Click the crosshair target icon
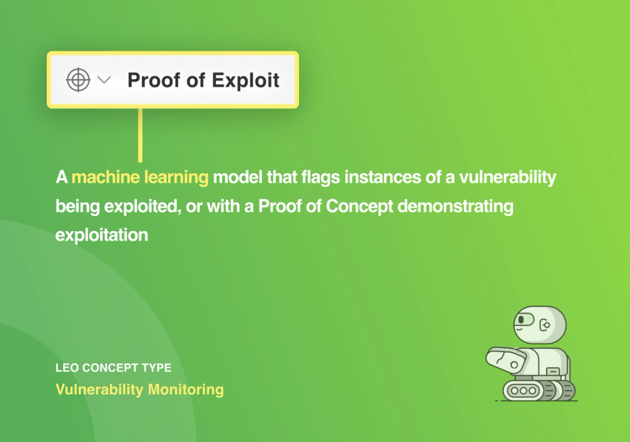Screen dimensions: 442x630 coord(78,80)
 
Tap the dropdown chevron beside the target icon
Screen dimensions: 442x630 coord(104,80)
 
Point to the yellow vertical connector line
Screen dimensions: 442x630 coord(140,135)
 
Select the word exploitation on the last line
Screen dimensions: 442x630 coord(101,235)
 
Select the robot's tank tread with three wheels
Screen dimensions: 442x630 coord(527,390)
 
